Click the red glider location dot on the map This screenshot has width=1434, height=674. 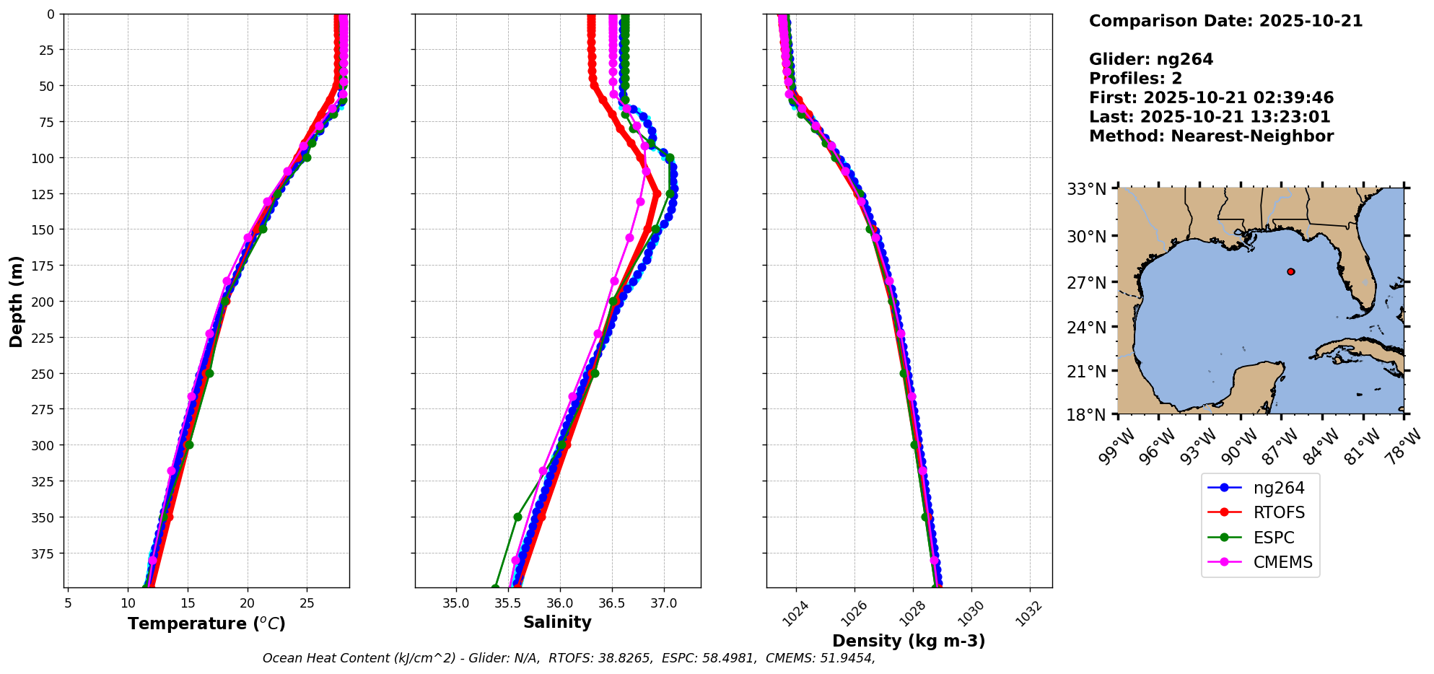click(1290, 271)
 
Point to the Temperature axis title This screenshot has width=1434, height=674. click(206, 623)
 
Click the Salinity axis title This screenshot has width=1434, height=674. click(557, 622)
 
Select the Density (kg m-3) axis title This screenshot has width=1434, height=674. click(909, 641)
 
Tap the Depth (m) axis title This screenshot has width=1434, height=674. click(16, 301)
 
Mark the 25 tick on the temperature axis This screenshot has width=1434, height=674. click(307, 603)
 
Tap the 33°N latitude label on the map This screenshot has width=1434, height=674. click(1086, 189)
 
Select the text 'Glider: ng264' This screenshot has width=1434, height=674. click(1151, 59)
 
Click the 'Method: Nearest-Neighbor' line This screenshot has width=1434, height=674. click(1211, 136)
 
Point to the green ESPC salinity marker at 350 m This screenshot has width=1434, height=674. click(517, 517)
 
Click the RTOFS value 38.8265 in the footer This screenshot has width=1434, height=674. click(628, 658)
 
